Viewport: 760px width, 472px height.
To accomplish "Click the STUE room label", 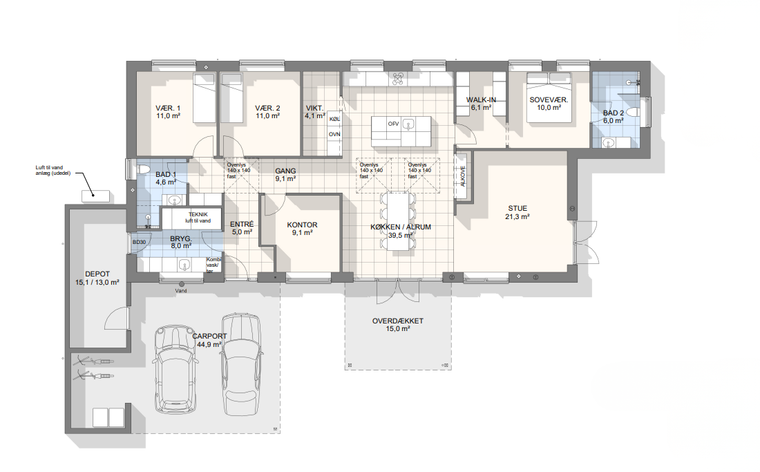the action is tap(517, 209).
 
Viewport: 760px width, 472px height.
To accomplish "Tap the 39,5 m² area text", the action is tap(400, 236).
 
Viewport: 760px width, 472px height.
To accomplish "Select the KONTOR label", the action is tap(302, 225).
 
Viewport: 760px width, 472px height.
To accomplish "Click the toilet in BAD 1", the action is tap(144, 169).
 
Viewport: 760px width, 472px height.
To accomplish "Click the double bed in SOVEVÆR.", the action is tap(549, 97).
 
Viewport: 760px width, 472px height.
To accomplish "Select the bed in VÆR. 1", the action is tap(204, 98).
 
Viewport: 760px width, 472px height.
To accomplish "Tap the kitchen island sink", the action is tap(408, 124).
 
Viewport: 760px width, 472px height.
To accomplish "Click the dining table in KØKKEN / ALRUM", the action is tap(399, 221).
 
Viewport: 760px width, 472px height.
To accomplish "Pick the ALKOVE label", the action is tap(462, 176).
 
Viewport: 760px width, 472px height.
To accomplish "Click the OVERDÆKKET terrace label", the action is tap(397, 321).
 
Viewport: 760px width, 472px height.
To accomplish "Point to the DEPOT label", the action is tap(97, 274).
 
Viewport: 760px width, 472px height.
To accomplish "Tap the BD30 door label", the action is tap(139, 243).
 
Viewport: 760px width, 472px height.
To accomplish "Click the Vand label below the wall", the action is tap(181, 291).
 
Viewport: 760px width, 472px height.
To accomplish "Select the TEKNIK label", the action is tap(198, 214).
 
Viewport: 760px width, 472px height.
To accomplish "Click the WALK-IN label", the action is tap(481, 100).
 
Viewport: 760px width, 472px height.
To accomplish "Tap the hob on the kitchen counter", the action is tap(398, 79).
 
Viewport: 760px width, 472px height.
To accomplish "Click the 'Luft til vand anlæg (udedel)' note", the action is tap(53, 171).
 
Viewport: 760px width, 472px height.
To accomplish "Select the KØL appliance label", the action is tap(334, 119).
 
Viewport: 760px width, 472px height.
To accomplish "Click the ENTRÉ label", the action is tap(242, 224).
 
